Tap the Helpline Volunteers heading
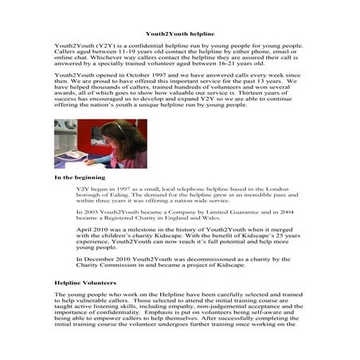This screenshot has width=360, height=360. pyautogui.click(x=85, y=283)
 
